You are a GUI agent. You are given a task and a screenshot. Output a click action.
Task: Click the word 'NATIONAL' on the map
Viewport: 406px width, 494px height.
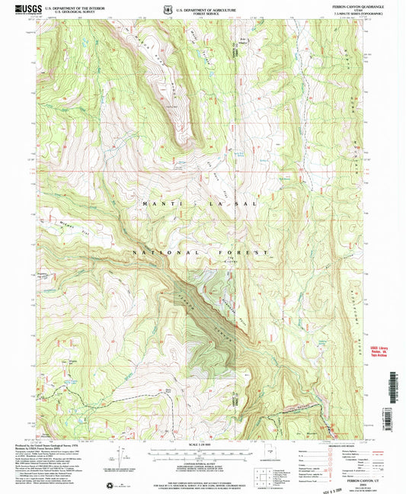[164, 252]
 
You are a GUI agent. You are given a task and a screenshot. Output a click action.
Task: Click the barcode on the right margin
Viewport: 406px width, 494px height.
[398, 396]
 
